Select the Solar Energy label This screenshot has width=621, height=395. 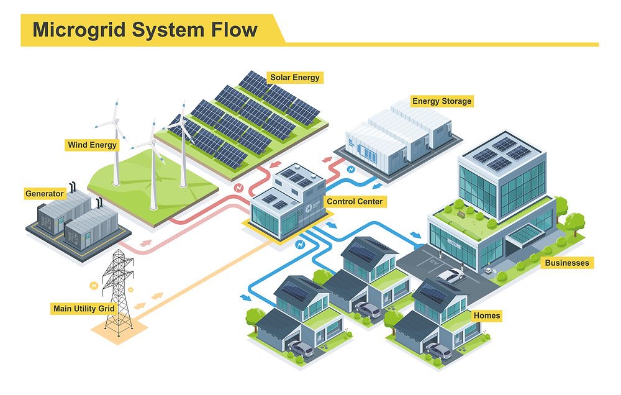click(x=294, y=78)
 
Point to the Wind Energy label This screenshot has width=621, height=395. click(x=92, y=145)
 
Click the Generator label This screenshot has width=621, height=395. click(x=44, y=194)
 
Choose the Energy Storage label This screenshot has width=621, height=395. click(x=442, y=101)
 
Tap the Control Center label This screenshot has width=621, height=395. click(x=355, y=201)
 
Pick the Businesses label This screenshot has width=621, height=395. click(x=566, y=263)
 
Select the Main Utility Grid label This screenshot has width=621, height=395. click(x=83, y=308)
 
